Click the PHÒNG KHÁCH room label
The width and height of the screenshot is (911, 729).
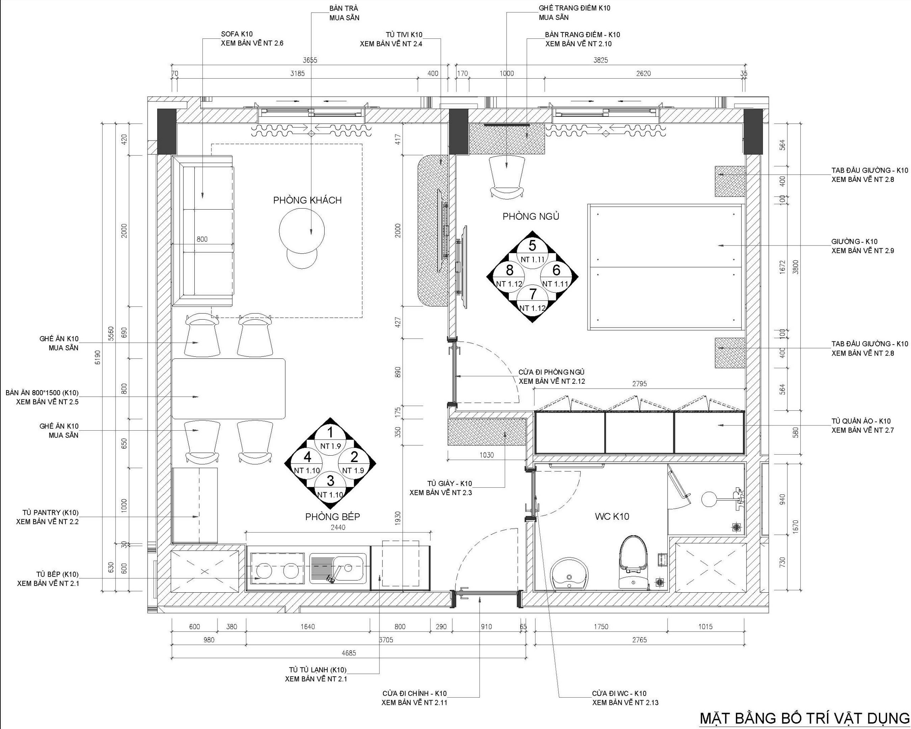[x=307, y=200]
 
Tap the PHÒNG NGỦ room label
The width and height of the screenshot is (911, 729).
[x=531, y=216]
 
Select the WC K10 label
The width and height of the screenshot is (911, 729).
[x=612, y=516]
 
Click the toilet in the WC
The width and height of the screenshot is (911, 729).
[x=633, y=562]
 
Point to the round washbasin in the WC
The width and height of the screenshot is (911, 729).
[x=569, y=573]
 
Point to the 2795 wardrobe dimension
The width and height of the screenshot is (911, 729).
[x=639, y=384]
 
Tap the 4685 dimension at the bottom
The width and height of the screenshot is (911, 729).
[x=349, y=653]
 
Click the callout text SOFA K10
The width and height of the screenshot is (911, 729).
[x=237, y=34]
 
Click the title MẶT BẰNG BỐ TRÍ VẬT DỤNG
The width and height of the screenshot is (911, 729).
[x=804, y=718]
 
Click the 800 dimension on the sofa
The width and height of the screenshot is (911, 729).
[x=202, y=239]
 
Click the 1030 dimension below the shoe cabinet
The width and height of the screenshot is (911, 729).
[x=487, y=455]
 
